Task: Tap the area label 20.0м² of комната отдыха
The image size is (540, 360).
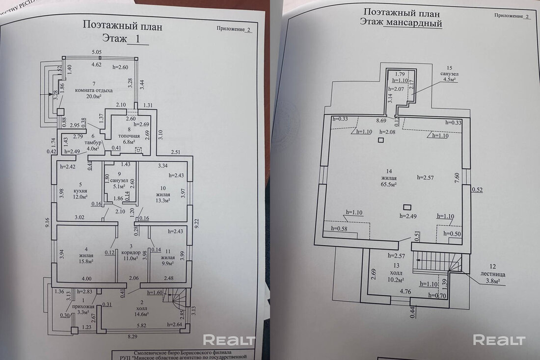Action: point(94,97)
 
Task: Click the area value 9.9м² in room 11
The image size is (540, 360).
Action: point(167,263)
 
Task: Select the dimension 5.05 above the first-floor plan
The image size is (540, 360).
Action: point(96,52)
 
